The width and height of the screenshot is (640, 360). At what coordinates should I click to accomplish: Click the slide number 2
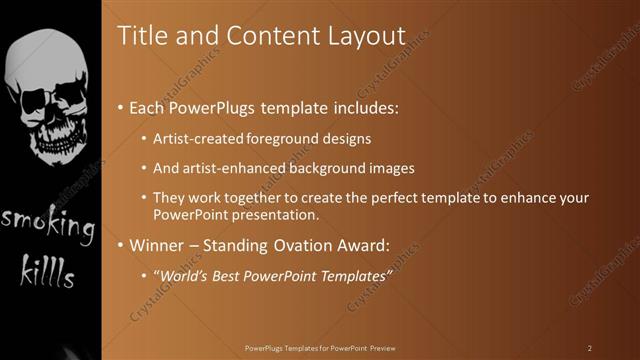point(589,348)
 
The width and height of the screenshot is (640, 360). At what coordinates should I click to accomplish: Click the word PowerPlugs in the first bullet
point(216,106)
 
